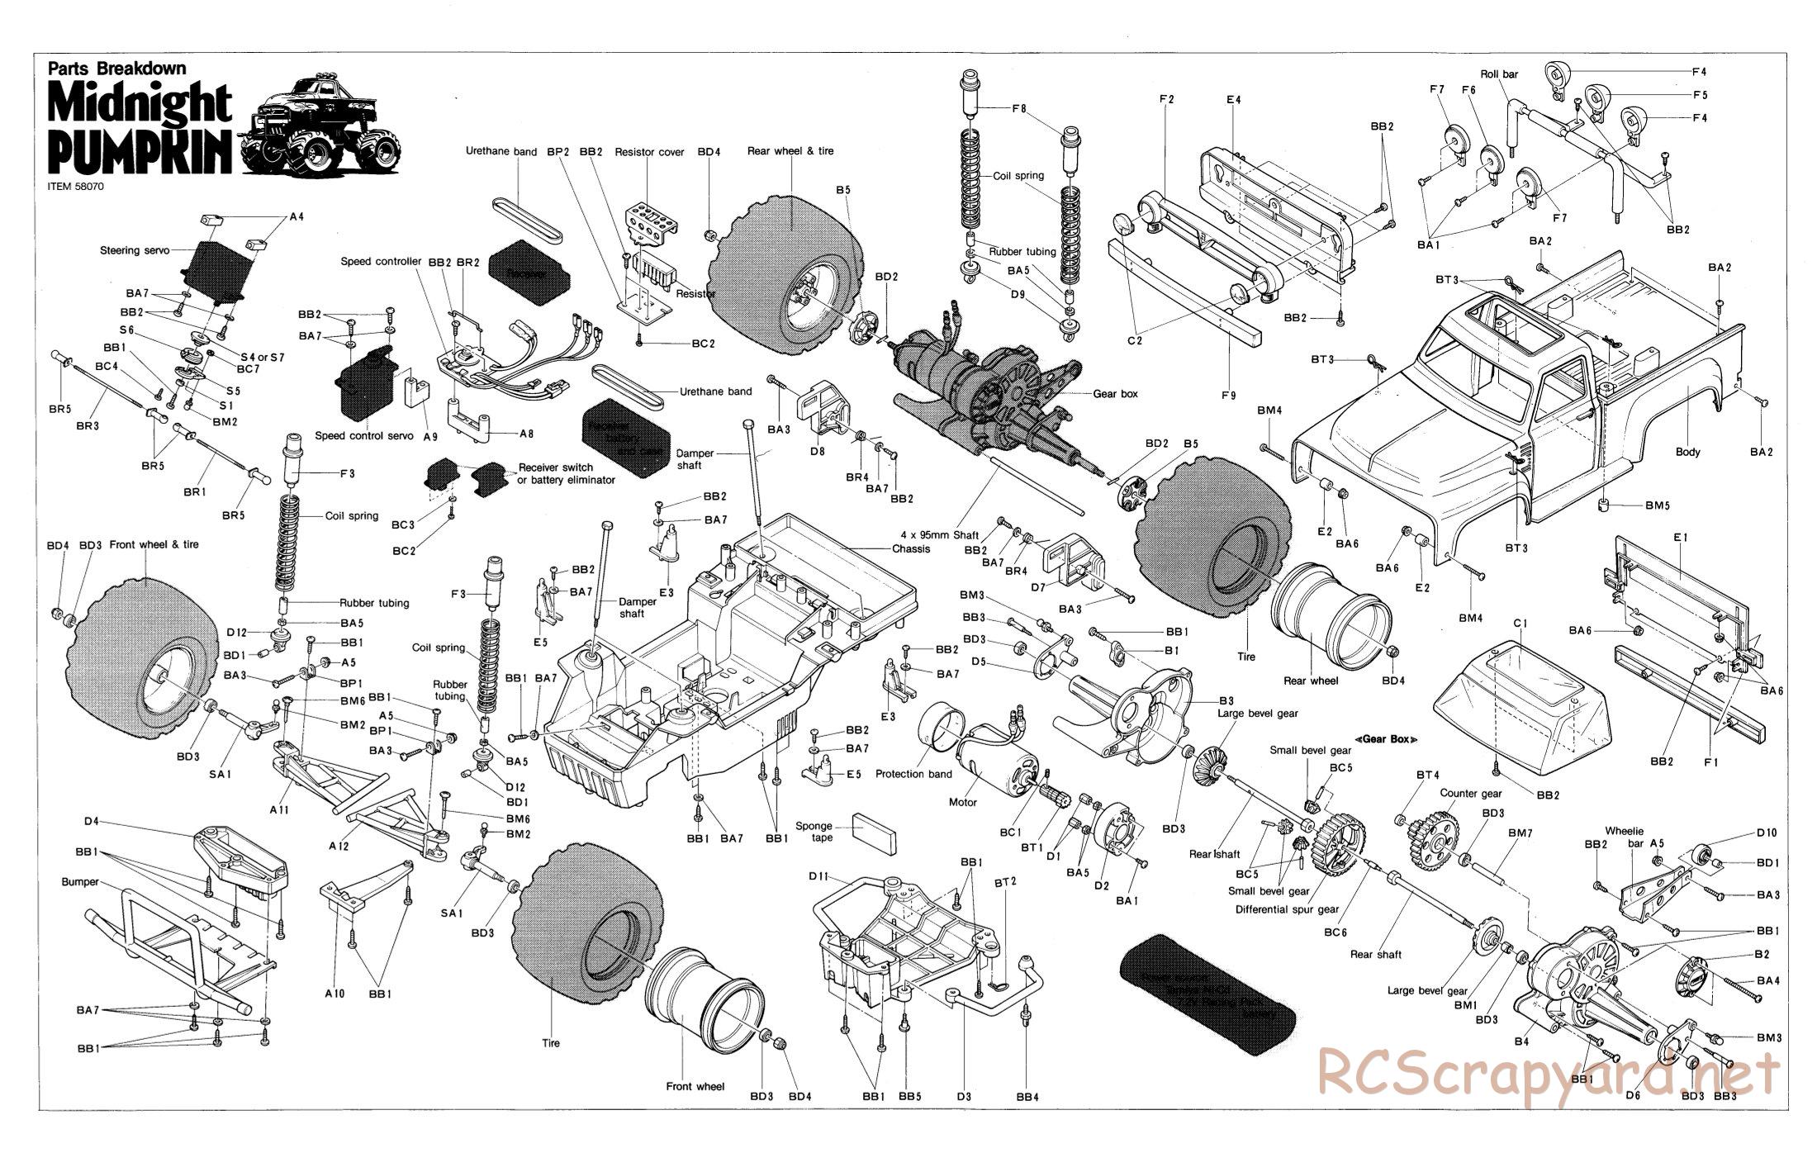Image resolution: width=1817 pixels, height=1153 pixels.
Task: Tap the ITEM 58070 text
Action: pyautogui.click(x=77, y=186)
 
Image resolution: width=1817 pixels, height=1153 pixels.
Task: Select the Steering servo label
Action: pyautogui.click(x=135, y=250)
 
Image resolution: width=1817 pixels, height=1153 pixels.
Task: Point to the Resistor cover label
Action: pyautogui.click(x=649, y=152)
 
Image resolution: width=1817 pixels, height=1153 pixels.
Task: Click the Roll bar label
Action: pyautogui.click(x=1499, y=74)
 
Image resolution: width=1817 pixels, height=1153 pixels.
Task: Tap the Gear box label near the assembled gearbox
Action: pyautogui.click(x=1115, y=394)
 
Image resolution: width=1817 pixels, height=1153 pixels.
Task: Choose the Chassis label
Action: pyautogui.click(x=910, y=548)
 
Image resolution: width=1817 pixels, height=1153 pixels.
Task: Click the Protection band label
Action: pyautogui.click(x=913, y=774)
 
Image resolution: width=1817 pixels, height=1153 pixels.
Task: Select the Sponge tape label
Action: pyautogui.click(x=814, y=831)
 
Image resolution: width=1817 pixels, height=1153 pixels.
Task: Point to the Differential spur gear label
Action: pyautogui.click(x=1287, y=909)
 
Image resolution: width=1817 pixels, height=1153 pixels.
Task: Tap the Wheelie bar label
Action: pyautogui.click(x=1625, y=837)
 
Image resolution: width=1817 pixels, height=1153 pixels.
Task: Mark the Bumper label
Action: pyautogui.click(x=80, y=882)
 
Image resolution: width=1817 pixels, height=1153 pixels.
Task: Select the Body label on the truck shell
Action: pyautogui.click(x=1688, y=452)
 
